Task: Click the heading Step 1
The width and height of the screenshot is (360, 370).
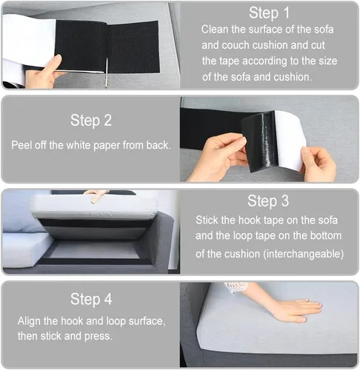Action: click(x=269, y=13)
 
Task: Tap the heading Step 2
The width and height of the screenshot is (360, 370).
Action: click(x=91, y=121)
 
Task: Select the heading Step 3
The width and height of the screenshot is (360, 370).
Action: click(x=268, y=201)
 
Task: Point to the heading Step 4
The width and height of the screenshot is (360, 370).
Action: click(x=91, y=299)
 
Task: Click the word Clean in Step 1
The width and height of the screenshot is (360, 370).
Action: click(x=215, y=30)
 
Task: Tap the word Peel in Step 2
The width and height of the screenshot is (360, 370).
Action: click(x=21, y=145)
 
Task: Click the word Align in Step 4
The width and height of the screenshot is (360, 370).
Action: click(x=29, y=321)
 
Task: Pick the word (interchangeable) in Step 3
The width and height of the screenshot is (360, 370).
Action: click(x=304, y=254)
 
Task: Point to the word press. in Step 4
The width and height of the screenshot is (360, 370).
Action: click(x=98, y=337)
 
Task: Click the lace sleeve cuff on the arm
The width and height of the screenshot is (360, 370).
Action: click(x=236, y=287)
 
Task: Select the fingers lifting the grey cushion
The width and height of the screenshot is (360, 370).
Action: click(x=96, y=195)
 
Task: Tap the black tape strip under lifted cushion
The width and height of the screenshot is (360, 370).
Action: click(x=94, y=224)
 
